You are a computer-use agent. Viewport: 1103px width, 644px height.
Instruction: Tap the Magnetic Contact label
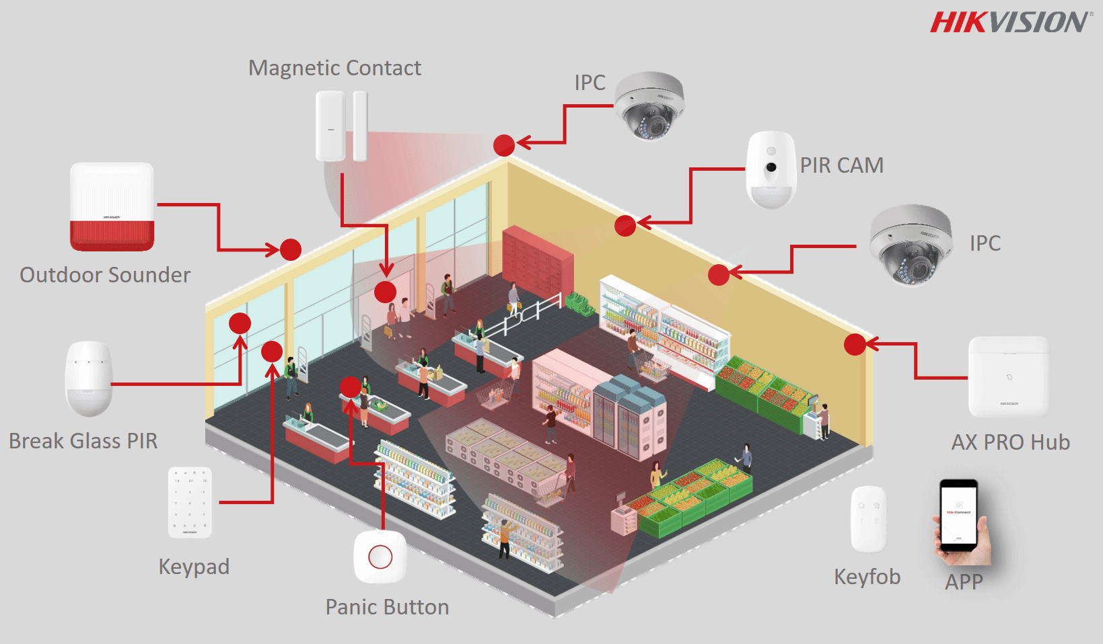[334, 68]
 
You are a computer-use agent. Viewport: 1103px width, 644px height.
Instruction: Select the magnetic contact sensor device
[341, 126]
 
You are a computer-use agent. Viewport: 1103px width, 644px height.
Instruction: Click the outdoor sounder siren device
[112, 207]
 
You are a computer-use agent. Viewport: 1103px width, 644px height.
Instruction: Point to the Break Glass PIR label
[83, 441]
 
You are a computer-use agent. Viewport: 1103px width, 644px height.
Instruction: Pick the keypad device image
[190, 502]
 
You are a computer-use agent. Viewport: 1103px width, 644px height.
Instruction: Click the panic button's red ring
[380, 557]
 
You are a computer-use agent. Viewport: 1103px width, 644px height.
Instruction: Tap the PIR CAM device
[771, 169]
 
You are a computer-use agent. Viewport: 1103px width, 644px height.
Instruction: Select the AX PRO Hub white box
[1008, 377]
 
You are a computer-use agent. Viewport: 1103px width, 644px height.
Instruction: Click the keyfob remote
[868, 519]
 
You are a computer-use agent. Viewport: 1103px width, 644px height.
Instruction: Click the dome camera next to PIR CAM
[650, 106]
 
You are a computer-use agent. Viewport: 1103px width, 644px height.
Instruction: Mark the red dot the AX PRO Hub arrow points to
[855, 345]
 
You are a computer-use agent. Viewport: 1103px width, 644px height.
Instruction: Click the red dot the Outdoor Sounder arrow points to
[291, 250]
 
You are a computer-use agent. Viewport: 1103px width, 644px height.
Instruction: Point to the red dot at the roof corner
[504, 145]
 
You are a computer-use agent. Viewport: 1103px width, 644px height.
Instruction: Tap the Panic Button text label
[387, 607]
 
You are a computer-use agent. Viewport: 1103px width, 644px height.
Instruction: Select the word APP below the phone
[964, 581]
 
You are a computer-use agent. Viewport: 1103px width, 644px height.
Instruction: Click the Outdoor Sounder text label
[105, 275]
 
